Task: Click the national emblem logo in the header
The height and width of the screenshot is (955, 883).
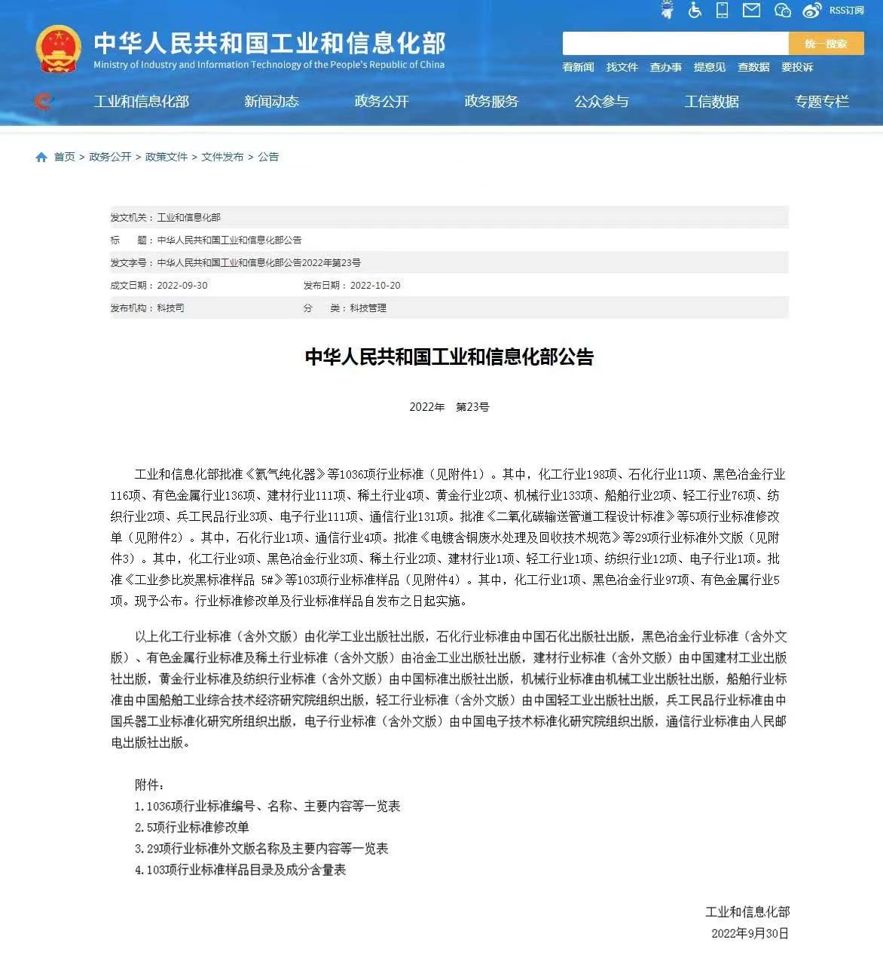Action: click(x=58, y=49)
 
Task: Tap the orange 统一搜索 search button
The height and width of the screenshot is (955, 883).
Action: click(x=826, y=44)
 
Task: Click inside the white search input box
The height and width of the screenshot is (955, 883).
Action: click(x=675, y=44)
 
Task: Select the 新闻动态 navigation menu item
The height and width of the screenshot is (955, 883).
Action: click(x=271, y=102)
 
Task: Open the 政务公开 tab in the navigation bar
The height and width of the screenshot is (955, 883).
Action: click(x=381, y=102)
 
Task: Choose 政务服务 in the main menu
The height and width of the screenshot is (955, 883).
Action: click(x=491, y=102)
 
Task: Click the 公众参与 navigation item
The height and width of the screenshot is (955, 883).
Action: click(x=601, y=102)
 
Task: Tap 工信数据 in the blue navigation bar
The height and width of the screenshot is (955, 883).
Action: click(x=711, y=102)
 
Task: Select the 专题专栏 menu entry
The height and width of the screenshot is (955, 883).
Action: click(x=821, y=102)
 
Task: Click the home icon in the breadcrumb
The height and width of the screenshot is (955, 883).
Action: click(x=41, y=157)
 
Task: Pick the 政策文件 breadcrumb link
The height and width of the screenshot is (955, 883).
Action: click(x=166, y=157)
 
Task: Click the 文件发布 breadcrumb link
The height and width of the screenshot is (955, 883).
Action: click(x=222, y=157)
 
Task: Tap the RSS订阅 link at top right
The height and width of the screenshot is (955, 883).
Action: click(x=846, y=11)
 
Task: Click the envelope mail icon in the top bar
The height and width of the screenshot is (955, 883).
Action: click(x=751, y=11)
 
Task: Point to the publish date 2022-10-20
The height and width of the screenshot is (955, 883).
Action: click(x=375, y=286)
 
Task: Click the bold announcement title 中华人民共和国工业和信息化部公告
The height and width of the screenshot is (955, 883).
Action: click(x=449, y=357)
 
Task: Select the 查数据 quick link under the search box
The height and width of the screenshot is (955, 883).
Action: click(x=753, y=67)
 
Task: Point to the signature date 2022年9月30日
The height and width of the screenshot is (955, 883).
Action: click(x=750, y=933)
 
